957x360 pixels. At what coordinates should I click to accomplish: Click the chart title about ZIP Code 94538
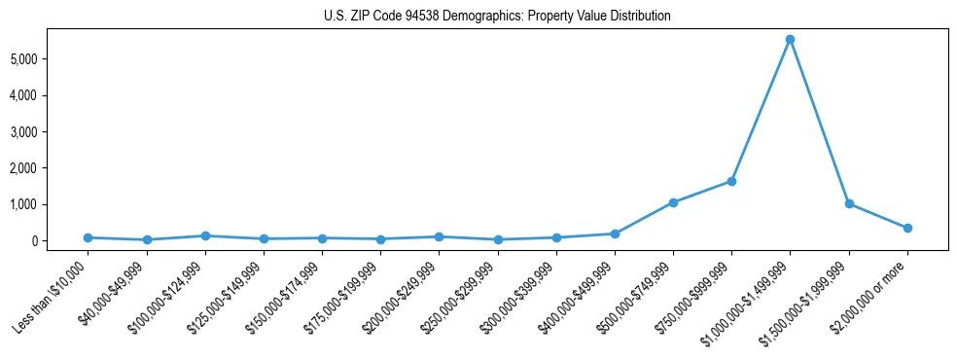(497, 17)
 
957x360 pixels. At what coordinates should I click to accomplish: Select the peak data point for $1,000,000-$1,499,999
(790, 40)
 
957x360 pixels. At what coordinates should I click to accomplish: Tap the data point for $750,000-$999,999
(731, 181)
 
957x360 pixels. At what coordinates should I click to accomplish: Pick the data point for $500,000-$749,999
(673, 202)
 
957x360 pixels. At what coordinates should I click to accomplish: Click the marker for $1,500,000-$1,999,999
(849, 203)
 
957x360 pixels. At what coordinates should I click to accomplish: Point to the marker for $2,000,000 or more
(907, 228)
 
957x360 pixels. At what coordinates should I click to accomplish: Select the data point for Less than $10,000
(88, 237)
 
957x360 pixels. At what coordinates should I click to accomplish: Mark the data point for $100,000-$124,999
(204, 235)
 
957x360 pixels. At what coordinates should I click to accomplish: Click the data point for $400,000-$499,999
(615, 234)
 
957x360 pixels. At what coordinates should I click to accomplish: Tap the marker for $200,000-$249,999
(439, 236)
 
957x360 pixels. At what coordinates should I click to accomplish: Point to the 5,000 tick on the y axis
(49, 59)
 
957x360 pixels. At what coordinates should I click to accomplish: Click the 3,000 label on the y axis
(49, 132)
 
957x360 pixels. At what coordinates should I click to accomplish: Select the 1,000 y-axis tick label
(49, 204)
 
